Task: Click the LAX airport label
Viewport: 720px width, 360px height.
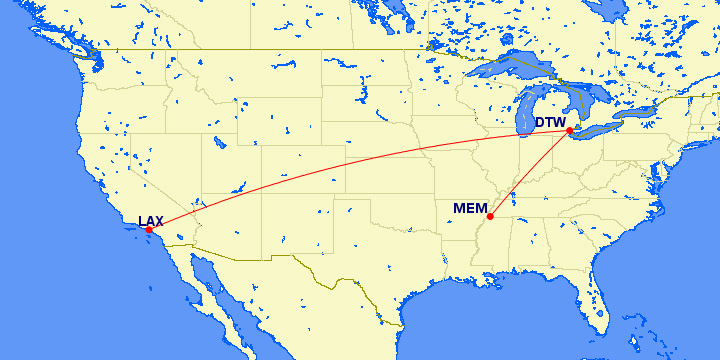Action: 150,221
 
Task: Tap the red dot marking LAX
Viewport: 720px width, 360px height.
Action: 149,230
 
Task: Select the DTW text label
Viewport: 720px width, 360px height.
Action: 550,123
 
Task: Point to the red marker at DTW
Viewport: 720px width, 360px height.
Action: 569,131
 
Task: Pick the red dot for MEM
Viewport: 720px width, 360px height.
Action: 489,217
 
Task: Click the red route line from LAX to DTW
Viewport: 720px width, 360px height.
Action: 350,160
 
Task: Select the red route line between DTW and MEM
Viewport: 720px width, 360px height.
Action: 529,174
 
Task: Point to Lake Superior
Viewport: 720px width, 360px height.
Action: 510,62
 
